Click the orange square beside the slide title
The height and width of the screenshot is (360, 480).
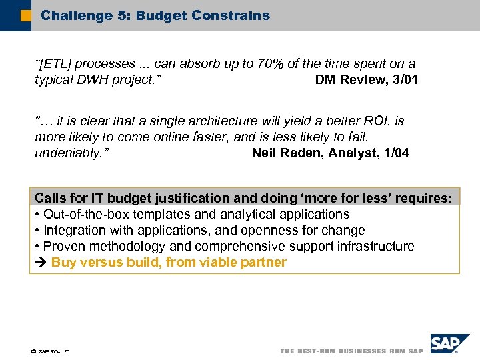tap(25, 15)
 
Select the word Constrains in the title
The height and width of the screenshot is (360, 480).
tap(233, 15)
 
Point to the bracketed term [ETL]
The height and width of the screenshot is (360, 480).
tap(56, 64)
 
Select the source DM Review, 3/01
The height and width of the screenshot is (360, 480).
tap(366, 80)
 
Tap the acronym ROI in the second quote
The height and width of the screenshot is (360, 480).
tap(376, 121)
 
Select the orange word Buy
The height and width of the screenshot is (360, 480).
tap(64, 263)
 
